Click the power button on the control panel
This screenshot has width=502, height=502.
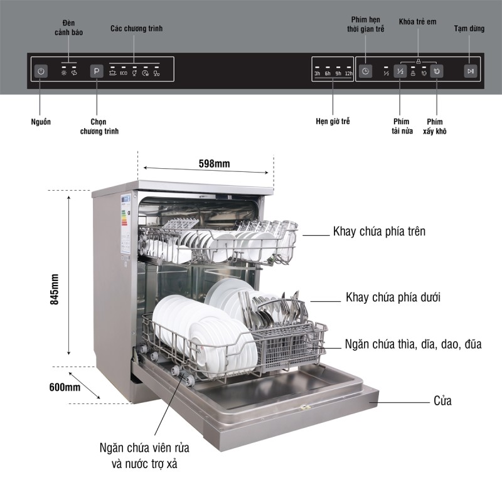41,71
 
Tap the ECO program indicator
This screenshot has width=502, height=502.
124,73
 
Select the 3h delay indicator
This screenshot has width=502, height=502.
318,73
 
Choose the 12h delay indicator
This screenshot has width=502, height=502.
348,73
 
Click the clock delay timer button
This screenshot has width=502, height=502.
366,71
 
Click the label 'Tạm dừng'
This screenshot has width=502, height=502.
469,29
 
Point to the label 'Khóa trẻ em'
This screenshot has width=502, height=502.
417,22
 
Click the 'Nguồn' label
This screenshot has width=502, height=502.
40,121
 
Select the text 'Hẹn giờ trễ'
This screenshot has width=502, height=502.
333,121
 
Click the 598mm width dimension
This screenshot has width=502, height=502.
214,164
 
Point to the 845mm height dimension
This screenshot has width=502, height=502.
55,289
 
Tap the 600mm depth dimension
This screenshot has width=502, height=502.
65,387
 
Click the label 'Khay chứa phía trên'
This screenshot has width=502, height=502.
379,232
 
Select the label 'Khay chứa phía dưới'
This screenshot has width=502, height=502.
393,297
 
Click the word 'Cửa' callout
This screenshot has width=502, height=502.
442,401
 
